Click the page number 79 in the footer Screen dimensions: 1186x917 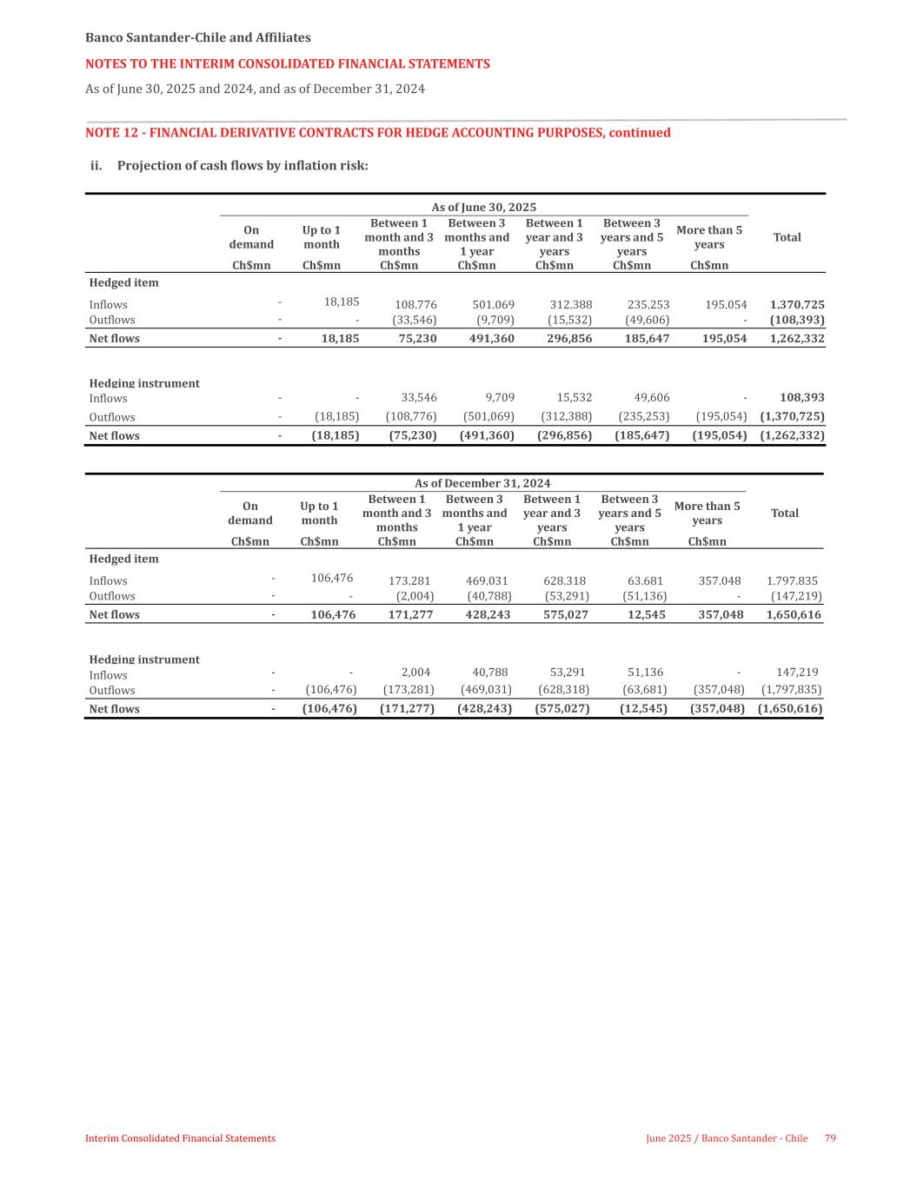[830, 1138]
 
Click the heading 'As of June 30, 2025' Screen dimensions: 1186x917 [484, 207]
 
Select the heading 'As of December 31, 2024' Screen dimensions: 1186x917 [482, 483]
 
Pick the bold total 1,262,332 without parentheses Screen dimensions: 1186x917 [797, 339]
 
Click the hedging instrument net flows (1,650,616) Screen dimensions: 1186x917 [790, 709]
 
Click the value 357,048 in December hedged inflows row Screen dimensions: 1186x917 [720, 581]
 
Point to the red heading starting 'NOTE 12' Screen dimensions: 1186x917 [378, 133]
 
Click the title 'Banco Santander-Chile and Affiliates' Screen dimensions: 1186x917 [198, 38]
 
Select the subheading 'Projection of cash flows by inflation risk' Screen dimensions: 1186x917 [243, 165]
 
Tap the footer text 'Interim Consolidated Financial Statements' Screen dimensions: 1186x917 [180, 1138]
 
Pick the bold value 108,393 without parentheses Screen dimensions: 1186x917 [802, 398]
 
